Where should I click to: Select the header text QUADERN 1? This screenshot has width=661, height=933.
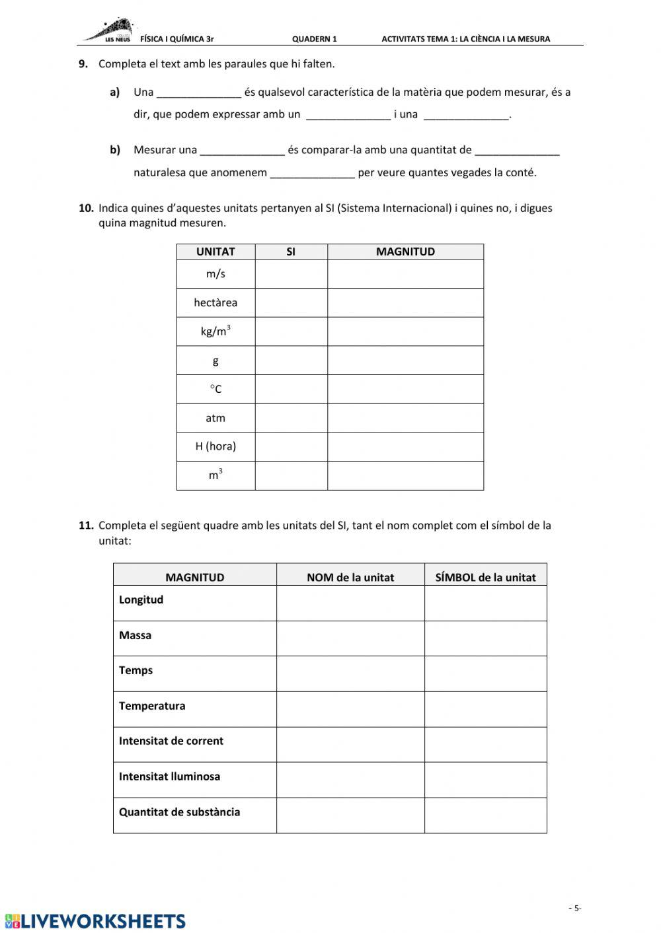pos(314,39)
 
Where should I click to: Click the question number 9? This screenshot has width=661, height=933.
pos(83,64)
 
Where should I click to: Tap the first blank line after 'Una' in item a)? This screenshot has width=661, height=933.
pos(199,93)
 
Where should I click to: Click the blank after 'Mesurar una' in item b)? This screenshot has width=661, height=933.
pos(242,151)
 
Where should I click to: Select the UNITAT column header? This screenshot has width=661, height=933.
pos(215,252)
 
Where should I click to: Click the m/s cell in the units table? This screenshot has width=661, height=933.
pos(215,274)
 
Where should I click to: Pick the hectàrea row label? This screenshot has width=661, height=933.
pos(215,303)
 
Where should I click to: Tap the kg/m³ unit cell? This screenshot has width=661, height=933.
pos(215,331)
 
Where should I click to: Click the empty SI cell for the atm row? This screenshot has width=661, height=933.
pos(291,418)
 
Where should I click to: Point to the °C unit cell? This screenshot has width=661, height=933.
pos(215,389)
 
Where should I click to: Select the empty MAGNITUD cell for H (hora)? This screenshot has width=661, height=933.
pos(405,446)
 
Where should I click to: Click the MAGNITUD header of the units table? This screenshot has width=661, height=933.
pos(405,252)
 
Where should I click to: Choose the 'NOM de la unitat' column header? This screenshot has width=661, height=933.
pos(350,577)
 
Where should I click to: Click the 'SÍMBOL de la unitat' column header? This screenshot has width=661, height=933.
pos(485,577)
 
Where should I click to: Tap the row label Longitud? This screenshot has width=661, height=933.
pos(141,600)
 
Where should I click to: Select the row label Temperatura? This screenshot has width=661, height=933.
pos(152,706)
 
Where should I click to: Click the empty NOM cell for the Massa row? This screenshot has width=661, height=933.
pos(350,638)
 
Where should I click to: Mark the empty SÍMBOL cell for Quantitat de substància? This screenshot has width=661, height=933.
pos(485,815)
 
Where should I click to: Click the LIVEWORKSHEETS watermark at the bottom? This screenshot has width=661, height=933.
pos(95,921)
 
